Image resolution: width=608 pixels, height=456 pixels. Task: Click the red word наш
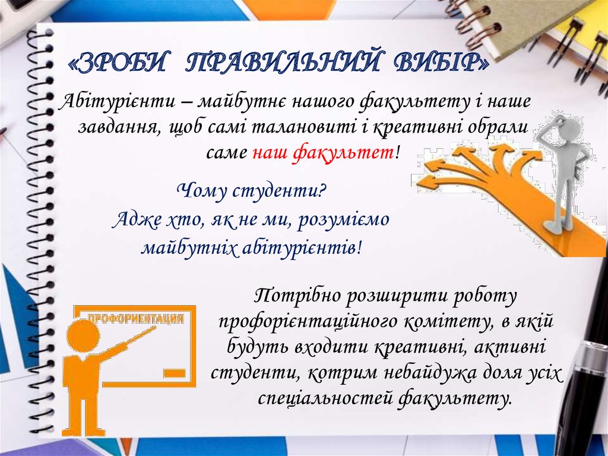[270, 152]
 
